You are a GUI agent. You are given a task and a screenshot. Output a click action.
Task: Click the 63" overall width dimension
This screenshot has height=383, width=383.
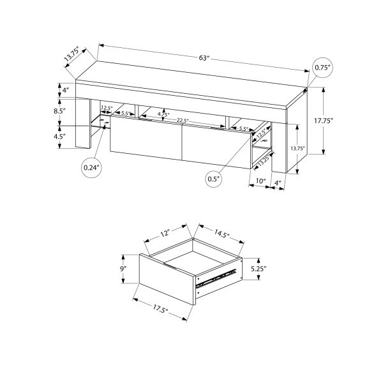tap(203, 59)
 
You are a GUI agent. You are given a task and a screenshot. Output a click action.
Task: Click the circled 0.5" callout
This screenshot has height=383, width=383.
tap(213, 179)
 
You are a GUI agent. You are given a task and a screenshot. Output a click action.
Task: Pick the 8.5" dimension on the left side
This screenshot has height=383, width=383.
tap(60, 111)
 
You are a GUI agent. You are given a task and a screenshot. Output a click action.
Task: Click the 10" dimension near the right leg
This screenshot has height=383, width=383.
tap(260, 182)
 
